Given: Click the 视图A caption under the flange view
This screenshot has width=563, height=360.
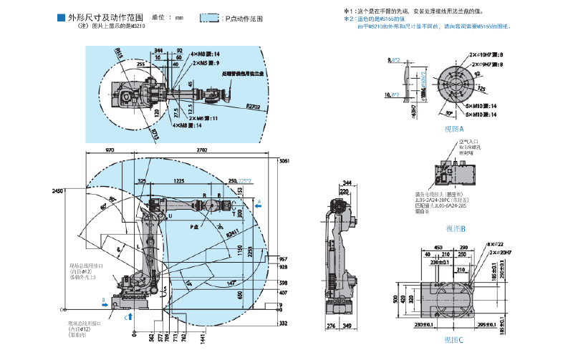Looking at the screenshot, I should (x=454, y=130).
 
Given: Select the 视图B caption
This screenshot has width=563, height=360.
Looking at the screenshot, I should (x=455, y=228).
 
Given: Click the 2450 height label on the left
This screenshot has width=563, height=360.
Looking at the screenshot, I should (x=58, y=190).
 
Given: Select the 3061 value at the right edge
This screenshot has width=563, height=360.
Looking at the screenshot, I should (x=283, y=161).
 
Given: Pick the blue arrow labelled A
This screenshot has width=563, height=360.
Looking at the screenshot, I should (x=260, y=202).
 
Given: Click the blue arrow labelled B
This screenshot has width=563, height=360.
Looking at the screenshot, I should (x=106, y=303).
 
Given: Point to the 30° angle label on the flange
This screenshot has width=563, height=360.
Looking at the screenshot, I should (x=447, y=113).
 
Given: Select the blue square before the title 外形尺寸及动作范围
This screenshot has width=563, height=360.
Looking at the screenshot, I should (x=60, y=17).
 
